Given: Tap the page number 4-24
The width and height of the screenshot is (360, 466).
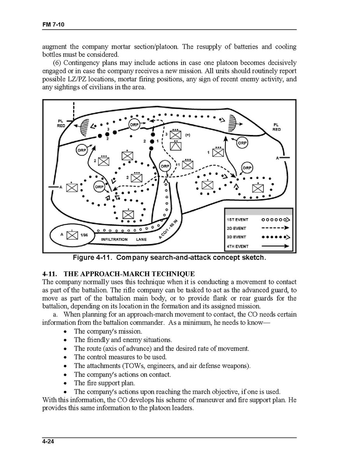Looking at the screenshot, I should [x=48, y=441].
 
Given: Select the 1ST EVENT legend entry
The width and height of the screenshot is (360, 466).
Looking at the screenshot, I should [x=237, y=220].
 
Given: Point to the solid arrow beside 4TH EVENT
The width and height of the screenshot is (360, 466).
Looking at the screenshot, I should [x=275, y=246].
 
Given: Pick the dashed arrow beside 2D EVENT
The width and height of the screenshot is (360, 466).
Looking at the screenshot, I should [x=275, y=228].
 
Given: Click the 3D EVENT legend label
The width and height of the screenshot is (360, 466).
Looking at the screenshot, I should [x=237, y=237].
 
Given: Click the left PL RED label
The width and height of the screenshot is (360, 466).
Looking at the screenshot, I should [x=61, y=123].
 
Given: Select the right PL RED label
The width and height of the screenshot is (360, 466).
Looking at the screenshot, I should [x=276, y=127].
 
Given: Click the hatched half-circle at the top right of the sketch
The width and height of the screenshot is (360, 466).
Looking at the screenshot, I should [x=233, y=122].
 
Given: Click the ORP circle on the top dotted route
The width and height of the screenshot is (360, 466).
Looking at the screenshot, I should [x=135, y=124].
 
